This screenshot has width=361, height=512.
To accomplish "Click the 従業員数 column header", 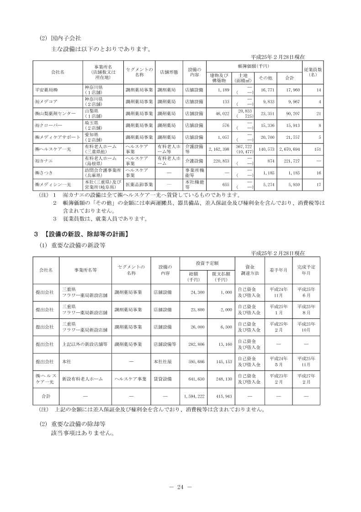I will pyautogui.click(x=313, y=72).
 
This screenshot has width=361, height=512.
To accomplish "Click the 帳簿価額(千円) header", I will pyautogui.click(x=253, y=65).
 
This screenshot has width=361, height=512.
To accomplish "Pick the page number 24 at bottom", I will pyautogui.click(x=180, y=487).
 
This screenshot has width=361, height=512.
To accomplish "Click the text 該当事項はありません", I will pyautogui.click(x=82, y=433).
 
